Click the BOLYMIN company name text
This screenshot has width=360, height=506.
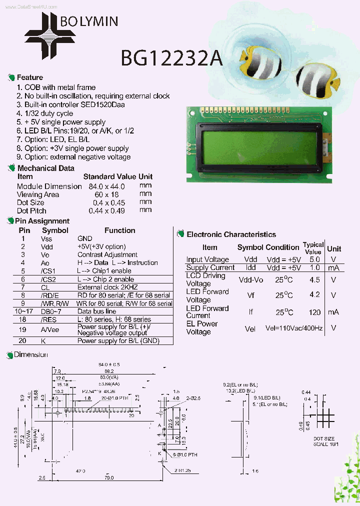[89, 21]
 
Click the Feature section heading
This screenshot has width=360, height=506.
[30, 77]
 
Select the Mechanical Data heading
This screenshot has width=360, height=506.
[45, 168]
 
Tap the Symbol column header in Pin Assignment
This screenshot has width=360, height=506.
[55, 230]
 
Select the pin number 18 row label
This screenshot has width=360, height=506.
[23, 319]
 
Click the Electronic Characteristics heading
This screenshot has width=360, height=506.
[231, 234]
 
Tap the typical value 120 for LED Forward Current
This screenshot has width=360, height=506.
[314, 312]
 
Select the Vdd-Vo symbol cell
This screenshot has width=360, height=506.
[250, 280]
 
